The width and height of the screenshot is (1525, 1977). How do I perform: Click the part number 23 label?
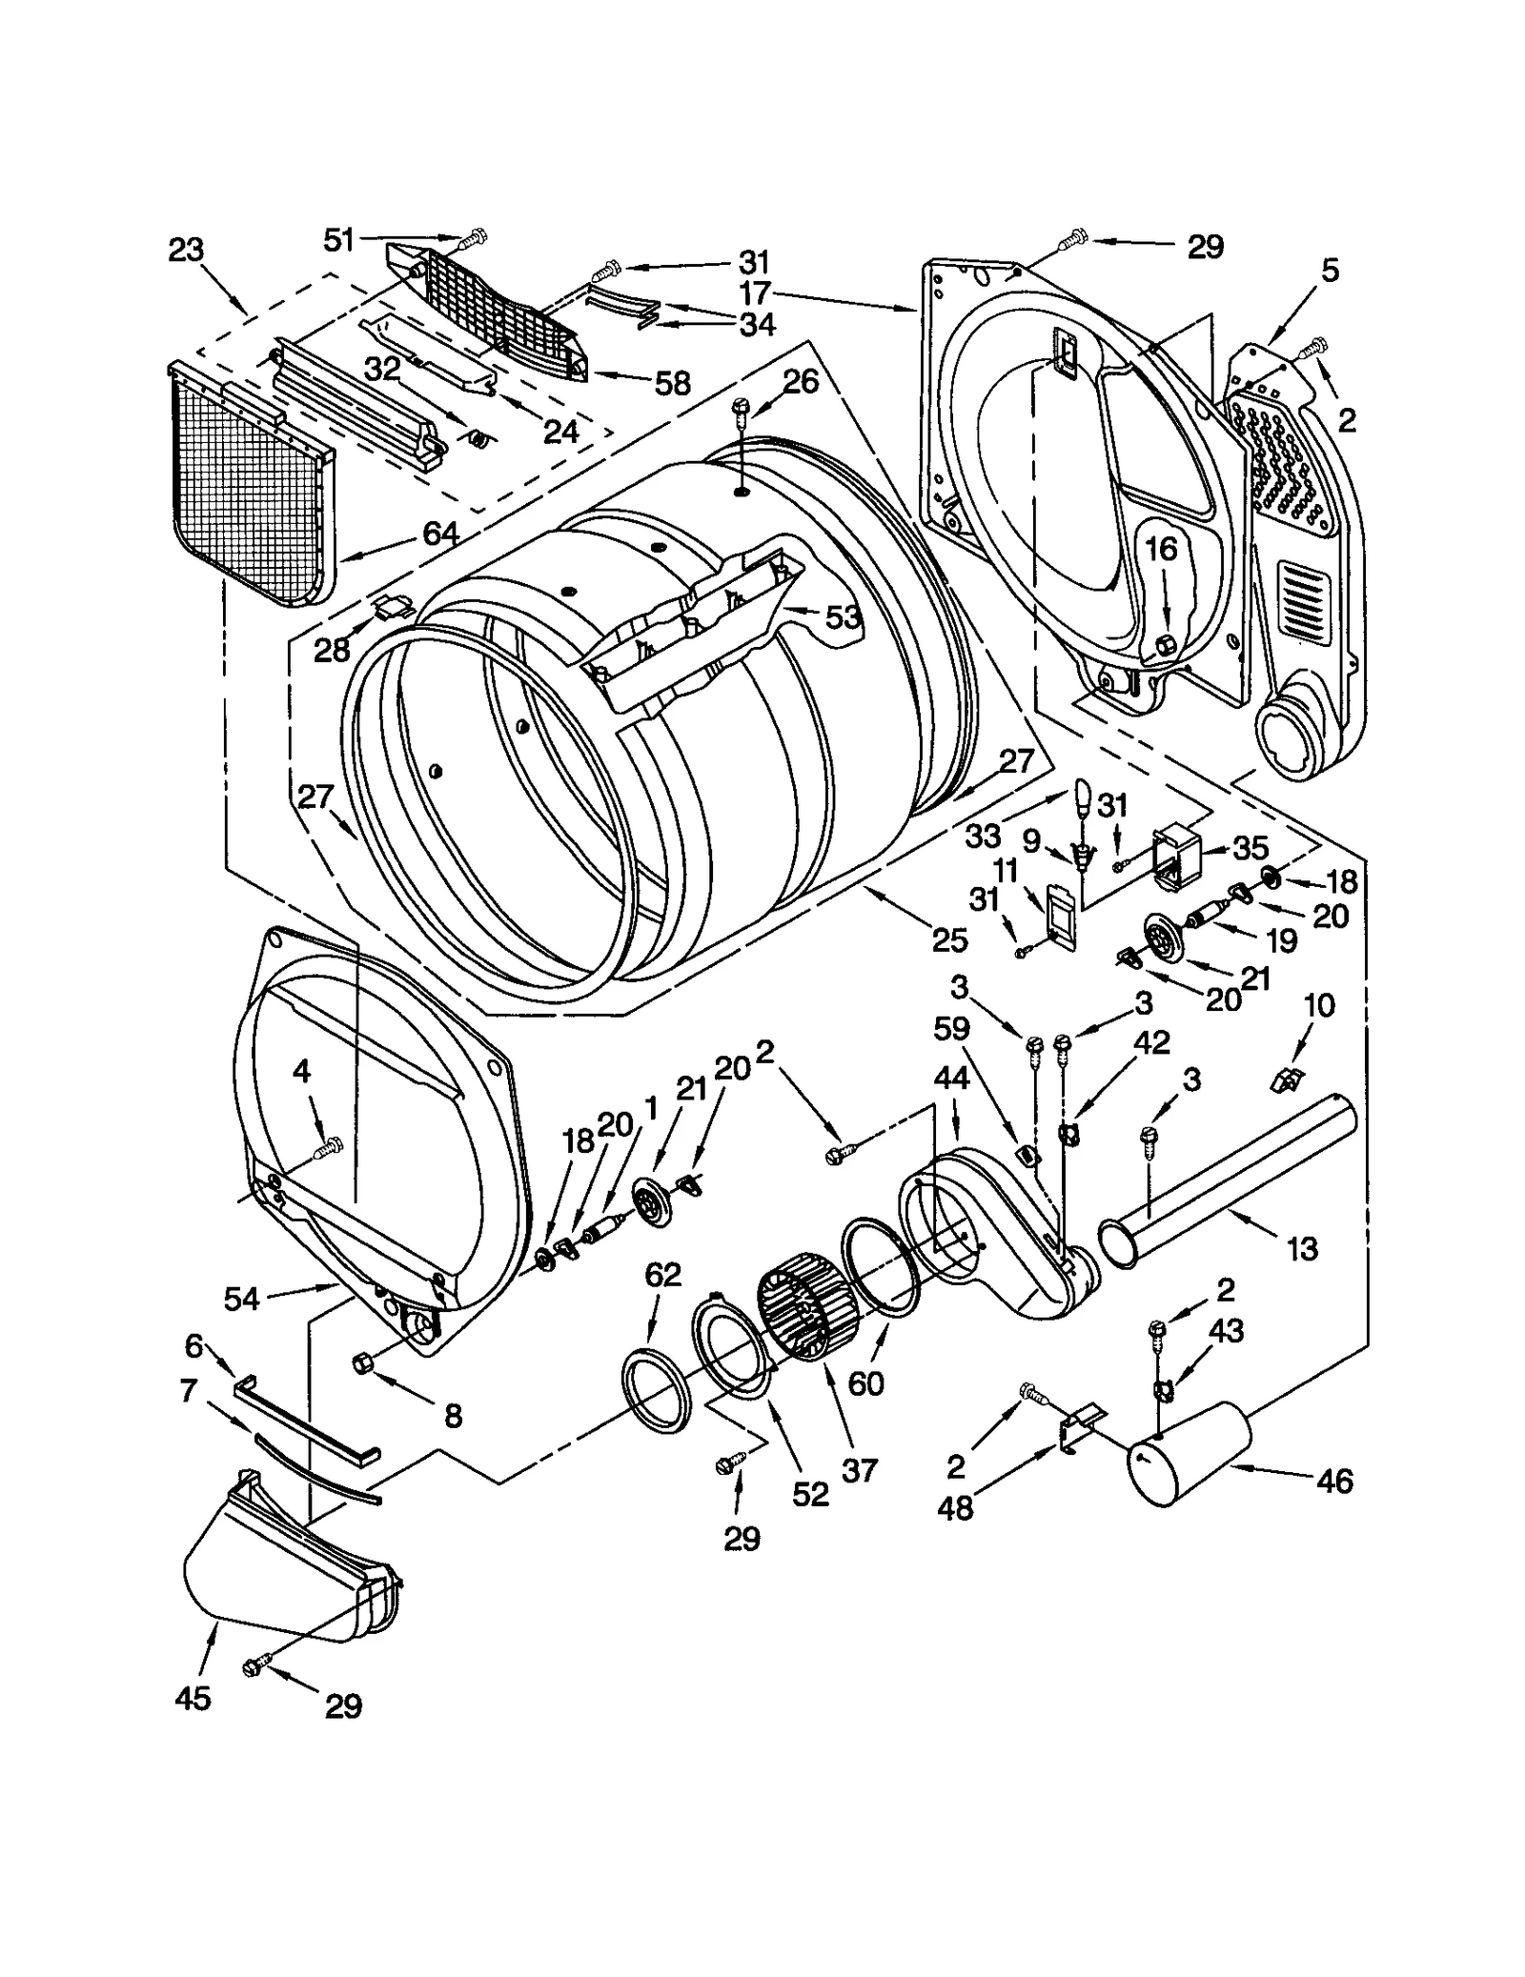click(186, 251)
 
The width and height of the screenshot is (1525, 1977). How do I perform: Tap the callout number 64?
click(440, 534)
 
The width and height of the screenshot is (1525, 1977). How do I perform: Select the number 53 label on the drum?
click(843, 617)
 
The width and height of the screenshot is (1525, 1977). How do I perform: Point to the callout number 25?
click(950, 939)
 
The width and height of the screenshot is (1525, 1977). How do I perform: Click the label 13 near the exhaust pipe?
click(1301, 1247)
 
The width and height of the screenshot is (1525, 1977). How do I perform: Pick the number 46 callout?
click(1334, 1481)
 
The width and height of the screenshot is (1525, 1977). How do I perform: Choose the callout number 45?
click(193, 1697)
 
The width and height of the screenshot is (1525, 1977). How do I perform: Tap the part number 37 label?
click(859, 1470)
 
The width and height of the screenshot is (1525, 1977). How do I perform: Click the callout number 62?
click(662, 1274)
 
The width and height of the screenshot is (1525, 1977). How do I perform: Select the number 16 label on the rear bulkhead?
click(1161, 549)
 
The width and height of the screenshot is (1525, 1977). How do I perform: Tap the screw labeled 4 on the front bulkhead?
click(331, 1149)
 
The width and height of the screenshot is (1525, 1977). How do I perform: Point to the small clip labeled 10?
click(1287, 1079)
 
